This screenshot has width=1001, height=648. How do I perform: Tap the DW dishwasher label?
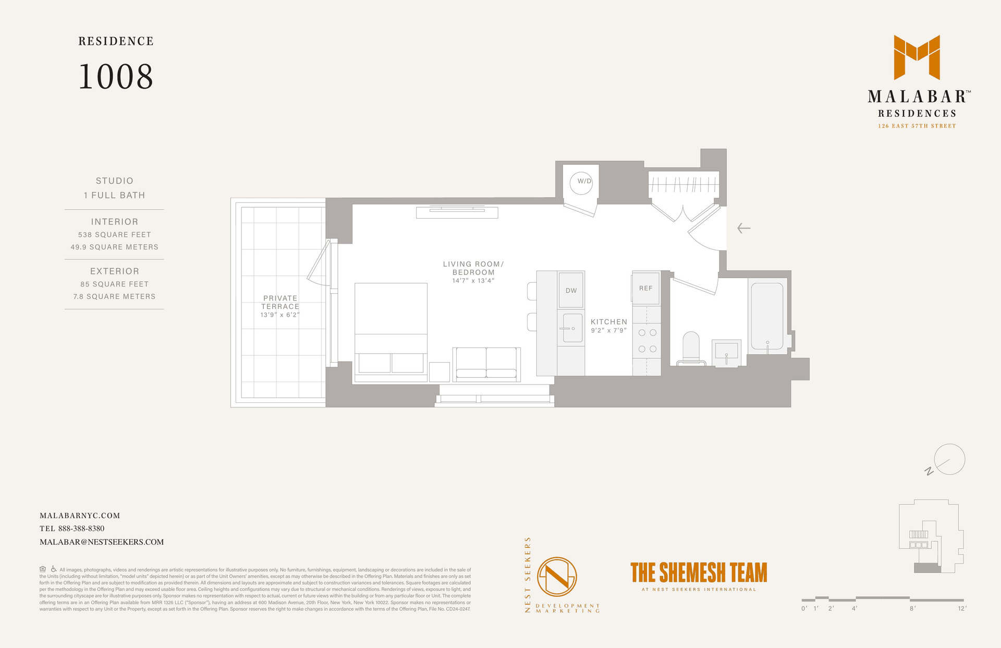click(571, 291)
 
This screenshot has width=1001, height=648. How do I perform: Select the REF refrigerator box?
click(646, 287)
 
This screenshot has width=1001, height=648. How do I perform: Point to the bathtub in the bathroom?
click(767, 316)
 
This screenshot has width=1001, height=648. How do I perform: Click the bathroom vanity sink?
click(726, 352)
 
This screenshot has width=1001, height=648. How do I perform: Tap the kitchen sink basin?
click(572, 328)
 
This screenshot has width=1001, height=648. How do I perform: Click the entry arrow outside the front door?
click(744, 228)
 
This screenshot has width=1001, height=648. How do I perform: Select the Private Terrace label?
click(280, 303)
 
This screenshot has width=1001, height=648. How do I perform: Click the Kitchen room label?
click(609, 322)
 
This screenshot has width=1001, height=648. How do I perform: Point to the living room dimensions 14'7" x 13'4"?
click(473, 281)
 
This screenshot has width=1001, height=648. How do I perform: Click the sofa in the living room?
click(486, 364)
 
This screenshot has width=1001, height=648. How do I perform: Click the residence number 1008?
click(116, 77)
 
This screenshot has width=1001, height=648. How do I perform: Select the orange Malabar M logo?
click(917, 57)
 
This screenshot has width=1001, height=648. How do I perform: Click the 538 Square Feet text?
click(115, 235)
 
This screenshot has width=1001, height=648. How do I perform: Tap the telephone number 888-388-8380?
click(81, 529)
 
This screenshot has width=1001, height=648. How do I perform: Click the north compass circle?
click(949, 459)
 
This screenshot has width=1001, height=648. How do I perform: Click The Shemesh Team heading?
click(699, 572)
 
